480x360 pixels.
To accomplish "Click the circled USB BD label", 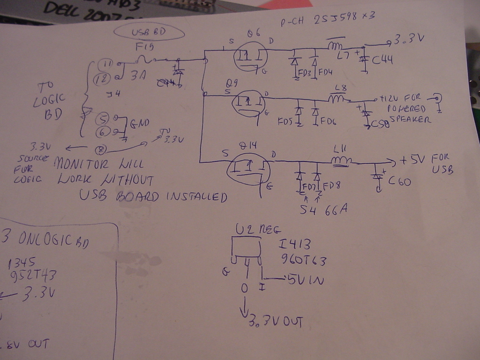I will pyautogui.click(x=149, y=33).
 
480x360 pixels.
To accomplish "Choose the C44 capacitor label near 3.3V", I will pyautogui.click(x=382, y=60).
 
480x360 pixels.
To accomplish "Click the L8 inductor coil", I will pyautogui.click(x=338, y=99).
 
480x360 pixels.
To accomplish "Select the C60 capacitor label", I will pyautogui.click(x=399, y=181).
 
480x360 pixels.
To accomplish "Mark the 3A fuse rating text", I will pyautogui.click(x=138, y=75).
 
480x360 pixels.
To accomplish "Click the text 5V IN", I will pyautogui.click(x=305, y=280).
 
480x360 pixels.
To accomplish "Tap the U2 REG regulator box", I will pyautogui.click(x=247, y=247).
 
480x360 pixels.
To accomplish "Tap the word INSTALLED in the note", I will pyautogui.click(x=197, y=196).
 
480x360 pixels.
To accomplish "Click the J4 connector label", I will pyautogui.click(x=113, y=94).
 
